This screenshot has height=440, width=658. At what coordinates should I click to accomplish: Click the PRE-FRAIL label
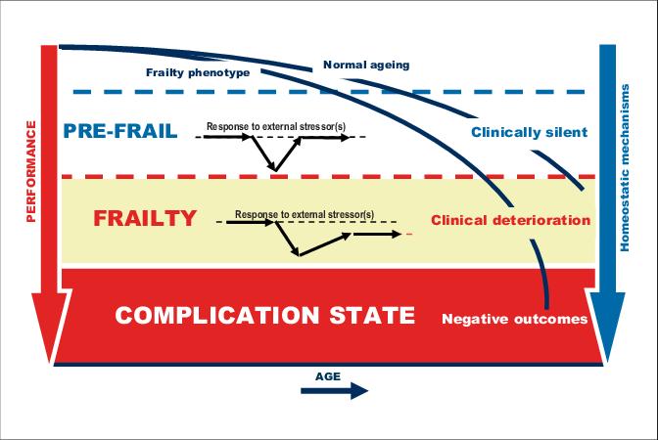pyautogui.click(x=120, y=131)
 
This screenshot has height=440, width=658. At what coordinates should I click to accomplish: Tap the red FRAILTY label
pyautogui.click(x=145, y=218)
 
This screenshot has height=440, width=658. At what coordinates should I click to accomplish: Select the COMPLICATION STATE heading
pyautogui.click(x=264, y=315)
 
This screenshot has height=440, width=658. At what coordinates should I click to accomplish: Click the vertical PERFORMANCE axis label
pyautogui.click(x=31, y=171)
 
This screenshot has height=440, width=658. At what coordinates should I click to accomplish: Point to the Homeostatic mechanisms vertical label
pyautogui.click(x=625, y=167)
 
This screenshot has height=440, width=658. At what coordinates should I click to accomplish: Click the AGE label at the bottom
pyautogui.click(x=328, y=376)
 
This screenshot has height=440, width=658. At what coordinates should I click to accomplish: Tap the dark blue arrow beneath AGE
pyautogui.click(x=335, y=391)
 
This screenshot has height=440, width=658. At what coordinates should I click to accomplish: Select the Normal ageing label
pyautogui.click(x=366, y=65)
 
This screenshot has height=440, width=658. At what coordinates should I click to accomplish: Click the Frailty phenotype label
pyautogui.click(x=198, y=72)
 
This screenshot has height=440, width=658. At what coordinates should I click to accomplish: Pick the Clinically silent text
pyautogui.click(x=529, y=132)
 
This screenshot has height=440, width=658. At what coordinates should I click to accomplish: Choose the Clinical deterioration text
pyautogui.click(x=511, y=220)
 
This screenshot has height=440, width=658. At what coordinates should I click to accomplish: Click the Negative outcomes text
pyautogui.click(x=514, y=319)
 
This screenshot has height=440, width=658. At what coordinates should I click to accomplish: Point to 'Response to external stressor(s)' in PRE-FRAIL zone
pyautogui.click(x=276, y=126)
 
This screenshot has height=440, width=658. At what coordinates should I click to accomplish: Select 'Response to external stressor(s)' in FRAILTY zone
pyautogui.click(x=305, y=214)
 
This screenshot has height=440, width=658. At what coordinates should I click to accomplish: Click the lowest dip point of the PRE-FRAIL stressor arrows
pyautogui.click(x=275, y=170)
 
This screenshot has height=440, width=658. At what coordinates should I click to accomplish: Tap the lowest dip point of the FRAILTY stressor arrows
pyautogui.click(x=299, y=254)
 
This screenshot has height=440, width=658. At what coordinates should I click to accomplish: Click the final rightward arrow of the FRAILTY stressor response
pyautogui.click(x=377, y=235)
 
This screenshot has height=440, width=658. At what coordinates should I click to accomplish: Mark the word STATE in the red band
pyautogui.click(x=372, y=315)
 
